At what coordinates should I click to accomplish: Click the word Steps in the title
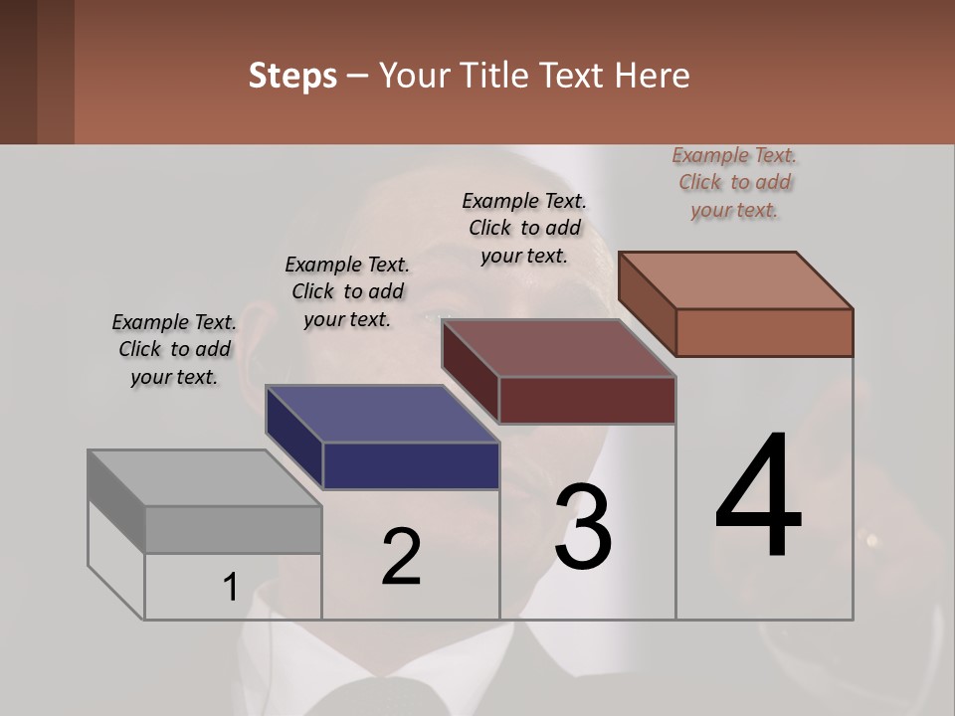[292, 76]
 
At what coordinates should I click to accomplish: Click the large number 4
[758, 497]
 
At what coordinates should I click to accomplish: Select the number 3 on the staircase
[583, 527]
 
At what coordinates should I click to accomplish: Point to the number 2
[401, 557]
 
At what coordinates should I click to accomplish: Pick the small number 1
[231, 588]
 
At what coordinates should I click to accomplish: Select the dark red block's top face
[559, 348]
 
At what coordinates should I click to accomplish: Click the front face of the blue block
[411, 465]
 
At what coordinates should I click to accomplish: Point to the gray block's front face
[233, 529]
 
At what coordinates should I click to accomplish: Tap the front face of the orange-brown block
[764, 332]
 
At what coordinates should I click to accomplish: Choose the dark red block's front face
[587, 400]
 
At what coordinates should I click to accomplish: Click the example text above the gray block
[174, 349]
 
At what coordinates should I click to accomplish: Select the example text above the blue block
[347, 291]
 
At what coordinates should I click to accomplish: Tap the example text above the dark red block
[524, 228]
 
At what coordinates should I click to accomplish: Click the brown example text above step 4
[734, 182]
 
